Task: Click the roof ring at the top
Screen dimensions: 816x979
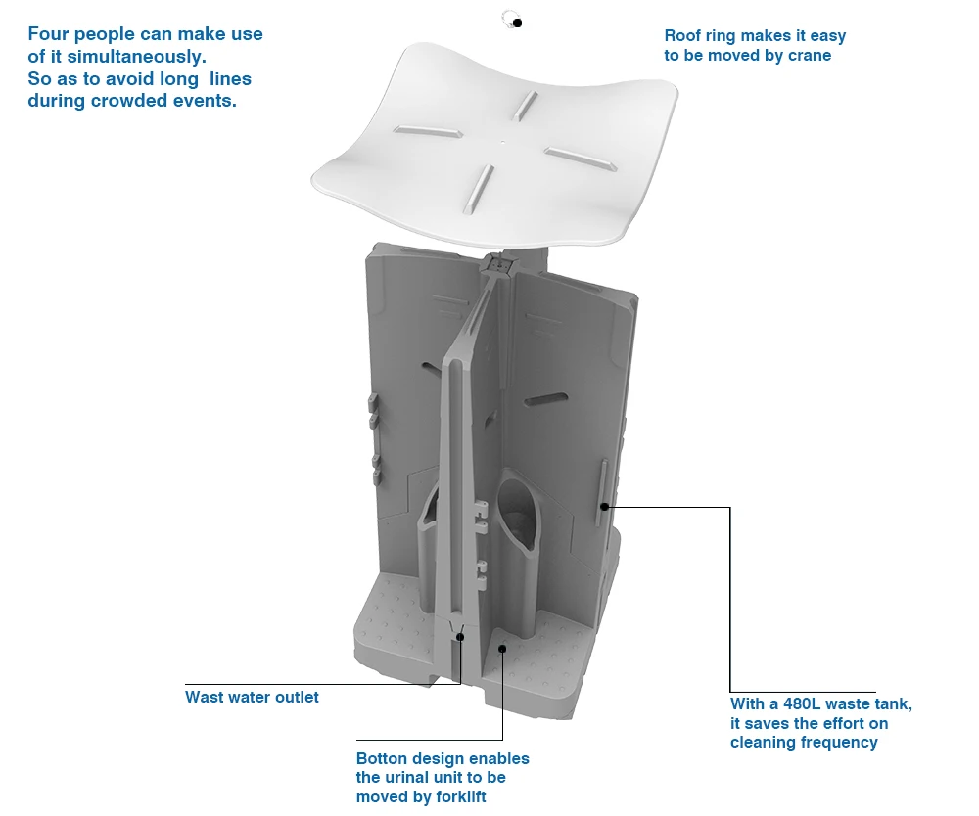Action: click(x=508, y=17)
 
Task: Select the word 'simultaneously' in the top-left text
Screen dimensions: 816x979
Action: click(x=136, y=57)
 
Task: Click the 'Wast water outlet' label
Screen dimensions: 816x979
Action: click(x=252, y=698)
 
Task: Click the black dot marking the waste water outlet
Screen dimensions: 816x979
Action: click(x=460, y=637)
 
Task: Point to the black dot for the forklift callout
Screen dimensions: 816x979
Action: click(x=502, y=647)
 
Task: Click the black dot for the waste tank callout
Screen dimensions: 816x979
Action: click(x=605, y=507)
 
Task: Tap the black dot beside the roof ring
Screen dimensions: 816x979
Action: click(x=518, y=23)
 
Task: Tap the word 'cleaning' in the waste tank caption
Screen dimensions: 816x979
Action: click(x=761, y=743)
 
